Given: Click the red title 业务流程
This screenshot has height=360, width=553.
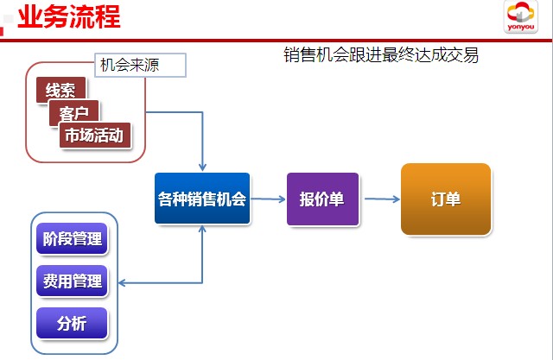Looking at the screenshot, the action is pos(69,16).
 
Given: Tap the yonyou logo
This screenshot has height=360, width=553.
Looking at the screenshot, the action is pos(520,17).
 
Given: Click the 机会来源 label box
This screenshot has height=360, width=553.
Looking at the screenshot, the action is pos(140,65).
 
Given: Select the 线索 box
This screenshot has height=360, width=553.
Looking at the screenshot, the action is pos(61,90).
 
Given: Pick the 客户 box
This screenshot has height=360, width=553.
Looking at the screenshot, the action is pos(74,113).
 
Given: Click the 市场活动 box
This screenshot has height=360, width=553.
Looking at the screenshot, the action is pos(95,136).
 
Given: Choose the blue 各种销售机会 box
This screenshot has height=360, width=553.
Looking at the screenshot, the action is pos(202,199).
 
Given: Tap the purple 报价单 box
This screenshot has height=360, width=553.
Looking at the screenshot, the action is pos(322,199).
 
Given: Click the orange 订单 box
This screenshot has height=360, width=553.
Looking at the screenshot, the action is pos(446,199).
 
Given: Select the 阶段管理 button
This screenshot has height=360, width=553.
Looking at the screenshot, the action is pos(72,238).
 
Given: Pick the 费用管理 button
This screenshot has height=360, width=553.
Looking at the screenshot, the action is pos(72,281).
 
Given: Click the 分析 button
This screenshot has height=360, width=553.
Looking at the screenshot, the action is pos(72,323).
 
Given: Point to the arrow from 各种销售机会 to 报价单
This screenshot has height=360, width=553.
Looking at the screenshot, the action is pos(268,199).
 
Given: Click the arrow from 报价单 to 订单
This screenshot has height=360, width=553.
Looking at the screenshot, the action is pos(382,199).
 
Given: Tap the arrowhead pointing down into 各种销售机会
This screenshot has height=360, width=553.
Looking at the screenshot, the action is pos(202,167).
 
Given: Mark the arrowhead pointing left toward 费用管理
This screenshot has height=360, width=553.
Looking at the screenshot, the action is pos(123,282).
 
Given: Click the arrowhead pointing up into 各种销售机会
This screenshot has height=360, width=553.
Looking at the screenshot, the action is pos(202,230).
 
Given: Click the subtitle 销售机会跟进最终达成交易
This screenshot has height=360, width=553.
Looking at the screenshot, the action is pos(381,55).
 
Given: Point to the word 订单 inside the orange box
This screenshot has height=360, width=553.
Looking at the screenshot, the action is pos(446,199).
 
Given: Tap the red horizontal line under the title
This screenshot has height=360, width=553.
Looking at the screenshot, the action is pos(276,41).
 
